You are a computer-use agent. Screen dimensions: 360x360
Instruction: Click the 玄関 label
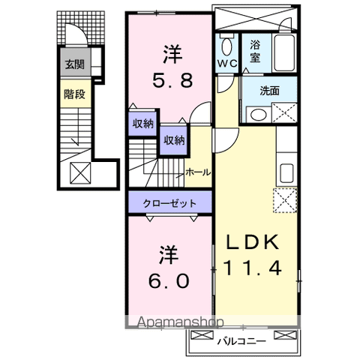tap(73, 64)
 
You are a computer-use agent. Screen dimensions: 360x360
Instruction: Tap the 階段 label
tap(73, 94)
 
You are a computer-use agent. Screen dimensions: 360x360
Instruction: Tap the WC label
tap(227, 64)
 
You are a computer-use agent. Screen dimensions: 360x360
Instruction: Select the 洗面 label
tap(271, 91)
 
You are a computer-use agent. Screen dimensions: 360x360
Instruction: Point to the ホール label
tap(198, 172)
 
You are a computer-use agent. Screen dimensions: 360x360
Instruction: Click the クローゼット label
tap(172, 202)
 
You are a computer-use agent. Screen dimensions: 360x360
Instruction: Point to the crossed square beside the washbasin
tap(286, 115)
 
